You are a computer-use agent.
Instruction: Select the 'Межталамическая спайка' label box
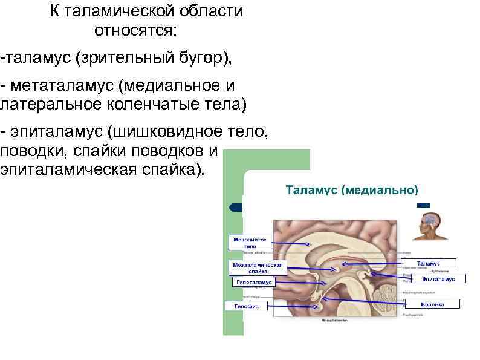tap(258, 267)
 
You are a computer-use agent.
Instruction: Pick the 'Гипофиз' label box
tap(246, 306)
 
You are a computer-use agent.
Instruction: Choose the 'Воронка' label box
tap(432, 304)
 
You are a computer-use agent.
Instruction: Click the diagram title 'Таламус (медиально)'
tap(351, 189)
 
